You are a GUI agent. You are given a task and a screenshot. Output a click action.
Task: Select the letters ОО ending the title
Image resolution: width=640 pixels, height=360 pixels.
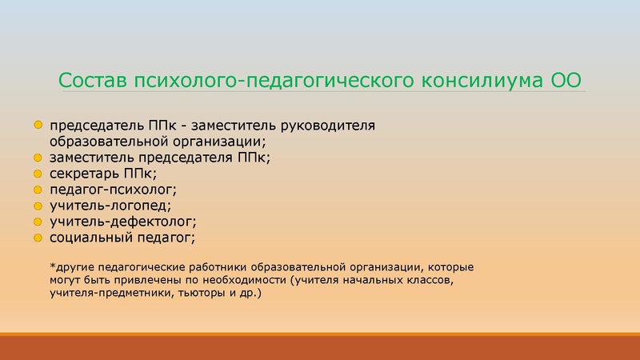tap(565, 82)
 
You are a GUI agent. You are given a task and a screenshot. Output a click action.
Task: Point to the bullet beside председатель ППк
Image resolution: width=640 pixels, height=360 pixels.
tap(38, 126)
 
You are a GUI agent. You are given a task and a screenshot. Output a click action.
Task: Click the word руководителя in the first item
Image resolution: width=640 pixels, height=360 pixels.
tap(331, 126)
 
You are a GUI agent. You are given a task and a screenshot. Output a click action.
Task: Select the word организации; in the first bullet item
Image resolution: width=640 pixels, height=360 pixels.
tap(222, 142)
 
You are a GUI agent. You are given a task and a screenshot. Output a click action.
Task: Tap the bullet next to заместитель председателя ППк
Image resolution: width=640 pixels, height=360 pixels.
tap(38, 158)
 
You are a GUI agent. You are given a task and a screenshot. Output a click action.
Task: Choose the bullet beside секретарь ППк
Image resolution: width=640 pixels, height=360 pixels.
tap(38, 174)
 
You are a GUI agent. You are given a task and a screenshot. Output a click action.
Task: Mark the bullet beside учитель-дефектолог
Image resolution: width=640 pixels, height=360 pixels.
tap(38, 222)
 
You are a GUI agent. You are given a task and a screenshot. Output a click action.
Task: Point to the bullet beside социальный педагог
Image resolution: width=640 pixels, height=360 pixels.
tap(38, 238)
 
